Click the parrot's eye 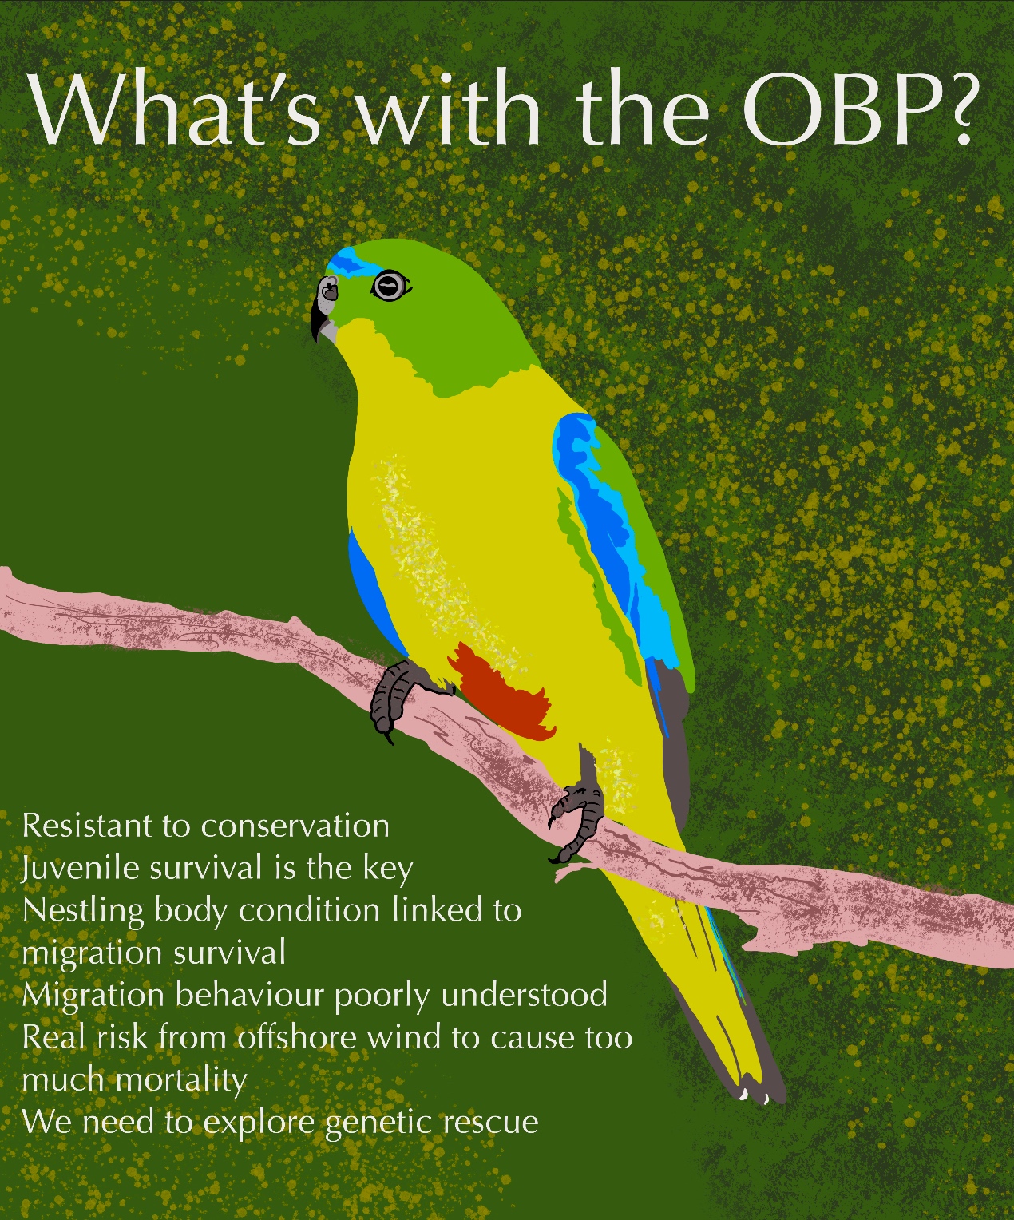click(x=390, y=287)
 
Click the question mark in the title click(x=957, y=114)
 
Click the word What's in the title click(x=176, y=110)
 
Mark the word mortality click(x=181, y=1081)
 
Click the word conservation click(x=295, y=826)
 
